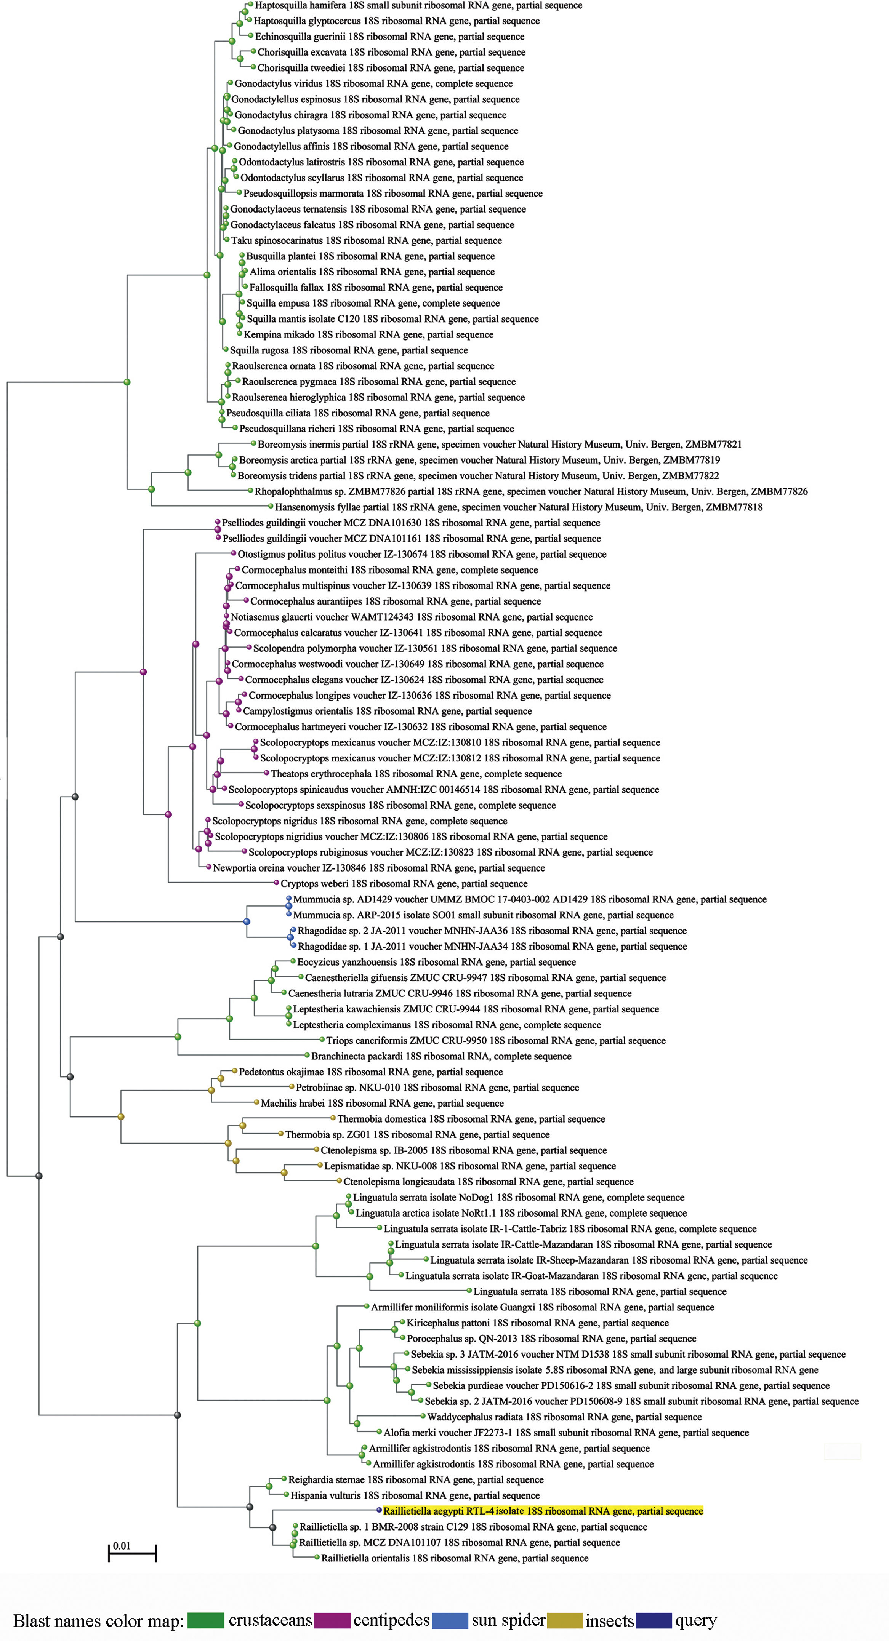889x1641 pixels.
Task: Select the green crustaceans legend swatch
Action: (205, 1620)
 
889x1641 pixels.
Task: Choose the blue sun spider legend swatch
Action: (450, 1620)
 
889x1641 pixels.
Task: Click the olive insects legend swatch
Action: (564, 1620)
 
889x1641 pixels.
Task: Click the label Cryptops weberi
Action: (404, 884)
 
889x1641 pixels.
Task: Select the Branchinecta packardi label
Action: (441, 1056)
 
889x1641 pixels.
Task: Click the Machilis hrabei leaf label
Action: (382, 1104)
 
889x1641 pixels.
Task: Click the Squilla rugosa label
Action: (349, 350)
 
